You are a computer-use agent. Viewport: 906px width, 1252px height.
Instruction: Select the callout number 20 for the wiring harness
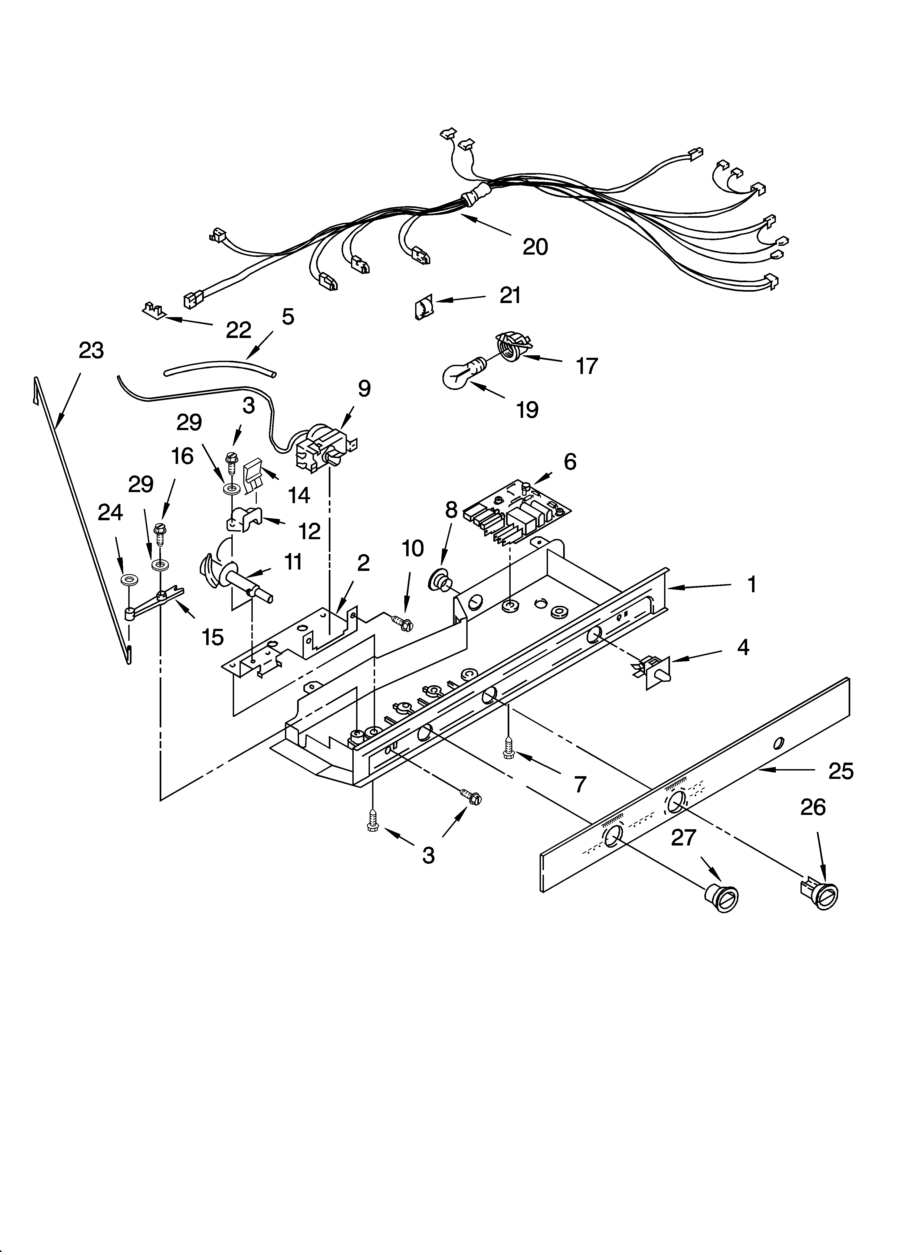click(x=535, y=247)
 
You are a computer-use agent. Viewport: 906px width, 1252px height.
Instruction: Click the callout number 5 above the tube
click(x=287, y=316)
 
